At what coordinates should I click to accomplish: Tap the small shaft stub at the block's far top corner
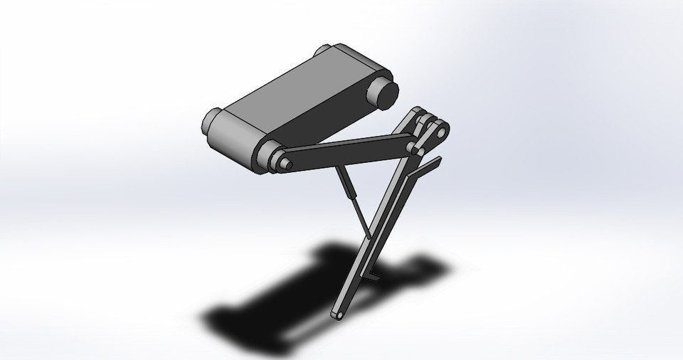(x=322, y=51)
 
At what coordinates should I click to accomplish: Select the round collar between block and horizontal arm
(x=268, y=157)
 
